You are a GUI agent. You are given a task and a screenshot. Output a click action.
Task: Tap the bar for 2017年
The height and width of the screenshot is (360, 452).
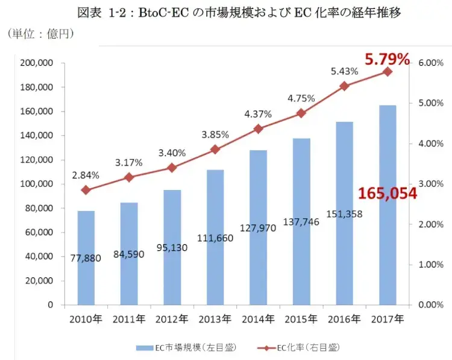pyautogui.click(x=388, y=205)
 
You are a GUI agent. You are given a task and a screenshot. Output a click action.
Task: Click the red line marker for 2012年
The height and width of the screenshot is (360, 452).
pyautogui.click(x=172, y=168)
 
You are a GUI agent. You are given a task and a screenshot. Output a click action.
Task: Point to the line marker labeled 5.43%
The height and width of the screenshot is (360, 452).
pyautogui.click(x=344, y=86)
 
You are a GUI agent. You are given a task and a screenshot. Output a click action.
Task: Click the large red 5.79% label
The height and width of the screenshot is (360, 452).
pyautogui.click(x=387, y=59)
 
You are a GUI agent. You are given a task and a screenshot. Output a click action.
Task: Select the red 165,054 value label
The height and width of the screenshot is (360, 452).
pyautogui.click(x=388, y=194)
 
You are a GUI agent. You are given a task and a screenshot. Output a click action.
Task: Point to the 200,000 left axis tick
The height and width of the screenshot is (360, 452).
pyautogui.click(x=38, y=63)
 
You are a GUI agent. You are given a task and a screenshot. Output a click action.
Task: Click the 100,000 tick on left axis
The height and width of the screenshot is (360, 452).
pyautogui.click(x=38, y=184)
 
